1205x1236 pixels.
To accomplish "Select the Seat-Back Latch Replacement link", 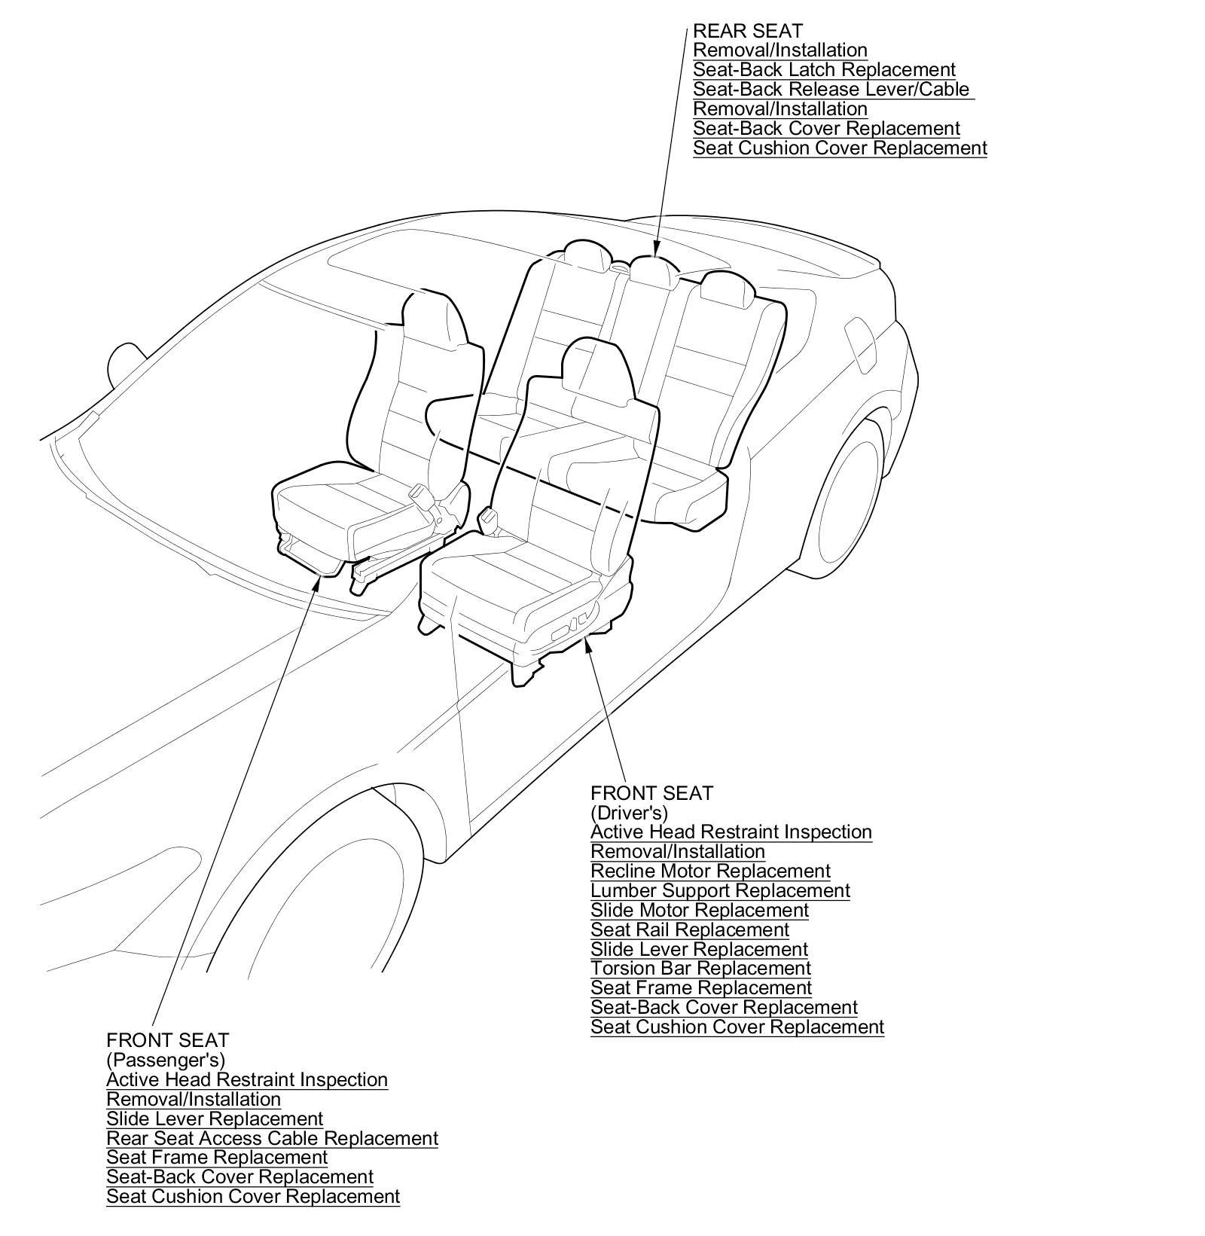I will click(x=824, y=70).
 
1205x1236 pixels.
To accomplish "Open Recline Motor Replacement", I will click(x=710, y=871).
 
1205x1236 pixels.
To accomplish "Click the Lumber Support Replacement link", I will click(x=720, y=891).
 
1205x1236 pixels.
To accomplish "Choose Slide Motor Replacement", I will click(x=700, y=911).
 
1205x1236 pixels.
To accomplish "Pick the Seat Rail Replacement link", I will click(x=690, y=930).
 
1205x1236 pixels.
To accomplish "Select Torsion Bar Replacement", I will click(x=700, y=969).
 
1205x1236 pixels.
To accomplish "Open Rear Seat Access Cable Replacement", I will click(x=272, y=1139).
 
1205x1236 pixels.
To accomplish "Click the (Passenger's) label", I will click(x=166, y=1061).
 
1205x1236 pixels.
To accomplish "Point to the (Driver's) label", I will click(x=629, y=813).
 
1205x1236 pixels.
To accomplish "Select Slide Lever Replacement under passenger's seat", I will click(x=215, y=1119).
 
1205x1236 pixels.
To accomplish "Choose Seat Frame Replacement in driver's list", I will click(x=700, y=988).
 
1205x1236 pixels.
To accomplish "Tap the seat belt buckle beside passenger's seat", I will click(x=416, y=493).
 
